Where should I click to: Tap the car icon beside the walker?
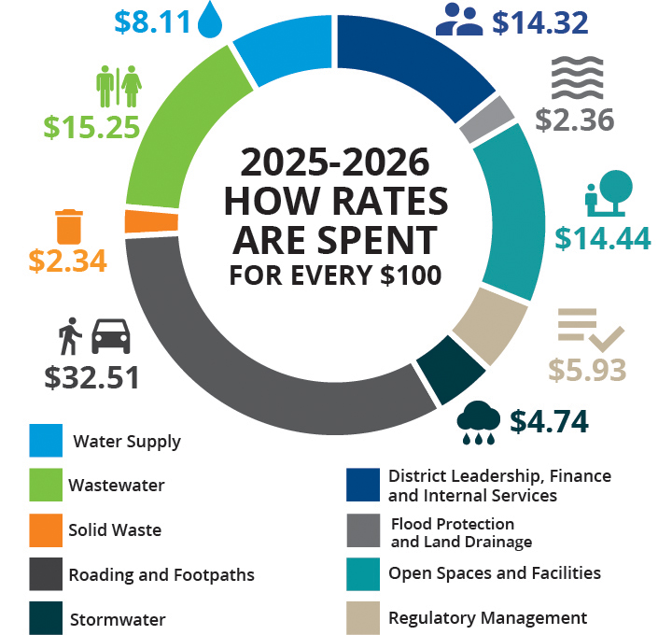click(x=111, y=336)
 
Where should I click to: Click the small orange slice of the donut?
click(x=138, y=221)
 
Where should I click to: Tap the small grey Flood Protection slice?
click(x=501, y=119)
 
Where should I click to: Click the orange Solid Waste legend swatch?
click(x=46, y=529)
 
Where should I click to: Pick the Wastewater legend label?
click(x=117, y=486)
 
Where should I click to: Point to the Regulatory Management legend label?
click(x=487, y=617)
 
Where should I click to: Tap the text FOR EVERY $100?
click(x=336, y=276)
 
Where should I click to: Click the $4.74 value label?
click(x=553, y=421)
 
